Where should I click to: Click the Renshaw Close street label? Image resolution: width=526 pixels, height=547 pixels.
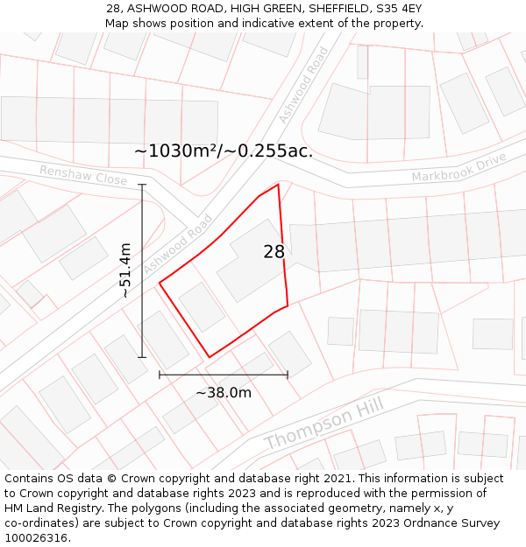coord(83,175)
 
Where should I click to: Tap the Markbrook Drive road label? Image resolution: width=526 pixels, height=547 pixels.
coord(459,168)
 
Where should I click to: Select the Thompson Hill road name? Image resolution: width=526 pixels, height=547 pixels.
coord(323,424)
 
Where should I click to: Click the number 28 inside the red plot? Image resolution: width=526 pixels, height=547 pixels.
coord(274,252)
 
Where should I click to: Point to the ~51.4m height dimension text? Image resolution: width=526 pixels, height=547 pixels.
coord(125,270)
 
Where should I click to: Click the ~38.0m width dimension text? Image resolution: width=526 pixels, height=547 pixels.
coord(224,393)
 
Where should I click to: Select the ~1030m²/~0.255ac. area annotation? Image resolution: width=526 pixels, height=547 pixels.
coord(224,151)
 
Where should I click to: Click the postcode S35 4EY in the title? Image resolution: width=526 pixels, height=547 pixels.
coord(399,8)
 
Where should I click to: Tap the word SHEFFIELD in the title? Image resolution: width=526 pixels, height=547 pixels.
coord(337,8)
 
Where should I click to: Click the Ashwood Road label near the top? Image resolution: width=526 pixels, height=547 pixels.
coord(303,85)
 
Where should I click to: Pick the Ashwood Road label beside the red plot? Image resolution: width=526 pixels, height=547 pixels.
coord(179,244)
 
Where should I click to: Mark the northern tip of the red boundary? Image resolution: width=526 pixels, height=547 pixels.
coord(278,185)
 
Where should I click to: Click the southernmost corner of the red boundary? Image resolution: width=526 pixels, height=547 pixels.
coord(209,357)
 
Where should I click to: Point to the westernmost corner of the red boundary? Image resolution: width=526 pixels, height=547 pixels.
coord(160,283)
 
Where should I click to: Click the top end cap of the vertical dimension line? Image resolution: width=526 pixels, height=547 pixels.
coord(142,185)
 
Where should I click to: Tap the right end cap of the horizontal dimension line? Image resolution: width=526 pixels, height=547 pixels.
coord(288,375)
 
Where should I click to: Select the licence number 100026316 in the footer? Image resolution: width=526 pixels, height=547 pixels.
coord(36,538)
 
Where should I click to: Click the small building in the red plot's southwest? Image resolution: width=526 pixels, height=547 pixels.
coord(202,306)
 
